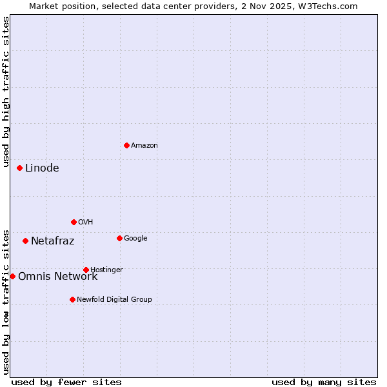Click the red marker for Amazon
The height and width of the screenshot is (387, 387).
(x=126, y=145)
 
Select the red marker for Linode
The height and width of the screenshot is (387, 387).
(x=19, y=168)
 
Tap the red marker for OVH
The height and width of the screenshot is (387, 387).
(x=74, y=222)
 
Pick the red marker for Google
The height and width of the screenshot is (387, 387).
(x=119, y=238)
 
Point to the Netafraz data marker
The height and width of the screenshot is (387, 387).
(x=25, y=241)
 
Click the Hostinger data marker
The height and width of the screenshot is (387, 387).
(x=86, y=270)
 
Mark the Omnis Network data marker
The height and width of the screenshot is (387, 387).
(x=12, y=276)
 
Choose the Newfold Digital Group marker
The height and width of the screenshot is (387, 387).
(x=72, y=299)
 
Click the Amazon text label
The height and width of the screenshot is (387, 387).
(x=144, y=146)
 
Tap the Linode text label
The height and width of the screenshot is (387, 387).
(x=42, y=168)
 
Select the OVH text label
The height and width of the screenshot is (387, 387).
(x=86, y=223)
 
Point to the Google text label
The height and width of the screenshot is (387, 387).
(x=135, y=239)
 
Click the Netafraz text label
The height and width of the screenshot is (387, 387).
(x=53, y=241)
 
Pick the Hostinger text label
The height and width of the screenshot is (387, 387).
(x=106, y=270)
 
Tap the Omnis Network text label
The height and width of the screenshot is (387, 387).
(x=58, y=277)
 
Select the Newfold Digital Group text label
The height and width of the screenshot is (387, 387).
(x=114, y=300)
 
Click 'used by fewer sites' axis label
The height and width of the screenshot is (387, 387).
(x=66, y=382)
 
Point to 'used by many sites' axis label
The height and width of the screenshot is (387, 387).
(x=324, y=382)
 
